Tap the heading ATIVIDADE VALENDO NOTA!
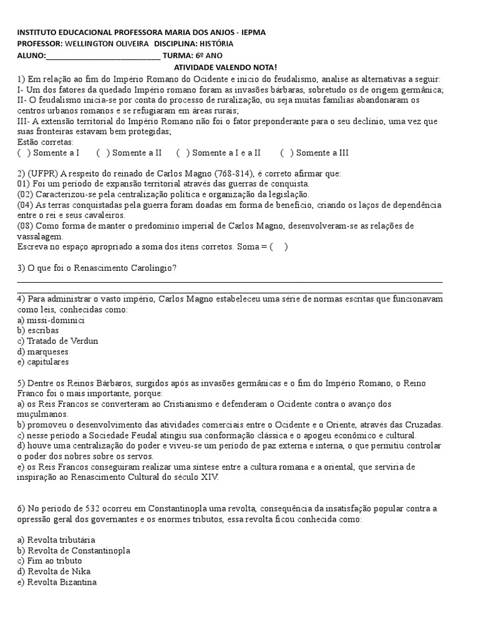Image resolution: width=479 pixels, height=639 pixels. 225,67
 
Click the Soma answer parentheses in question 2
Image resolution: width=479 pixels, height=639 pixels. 279,246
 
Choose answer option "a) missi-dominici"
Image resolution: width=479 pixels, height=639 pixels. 51,320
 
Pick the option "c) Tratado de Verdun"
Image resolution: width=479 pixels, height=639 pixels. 58,341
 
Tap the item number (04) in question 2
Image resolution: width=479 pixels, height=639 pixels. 25,205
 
